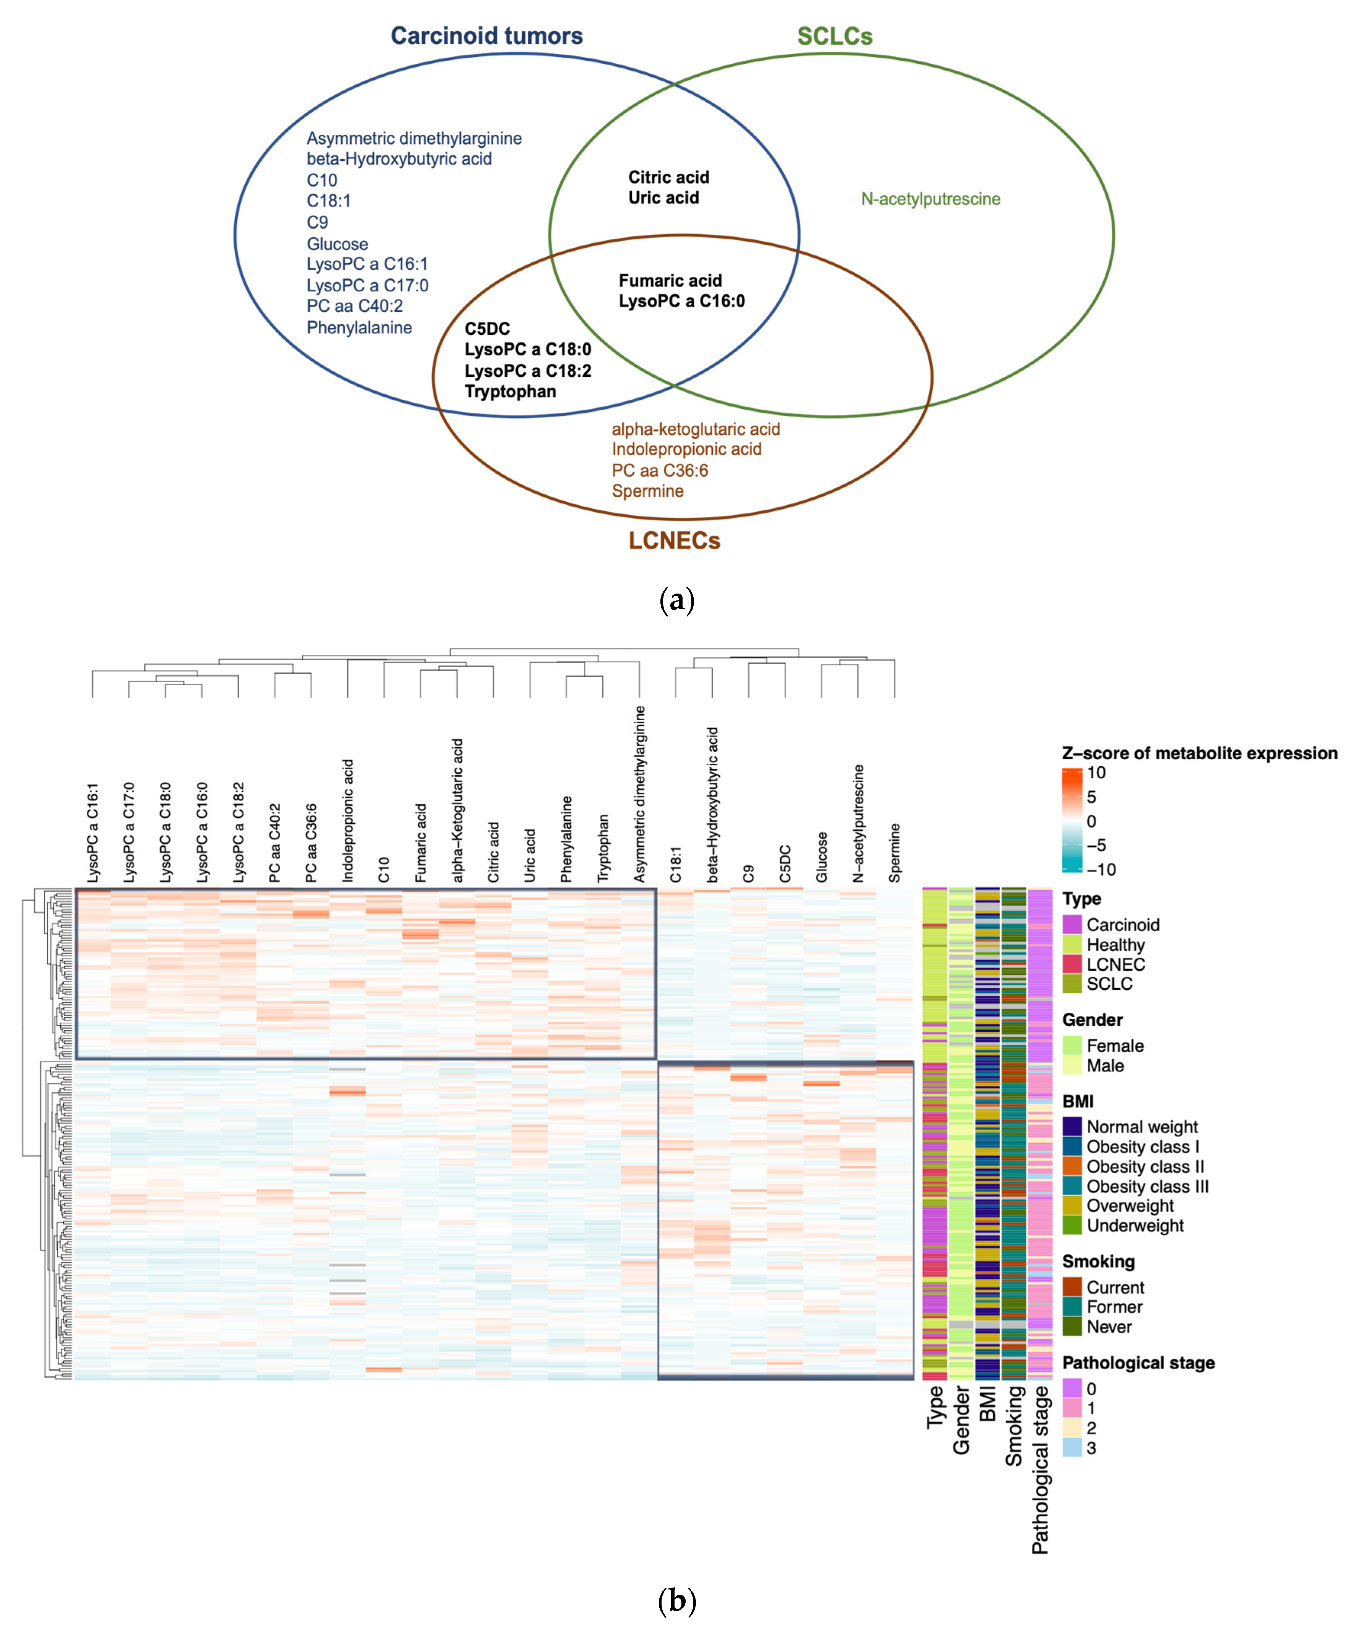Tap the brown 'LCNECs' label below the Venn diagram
click(x=674, y=540)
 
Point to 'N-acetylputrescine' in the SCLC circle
click(x=930, y=199)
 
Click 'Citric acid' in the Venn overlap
click(x=668, y=177)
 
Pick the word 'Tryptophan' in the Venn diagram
click(x=510, y=392)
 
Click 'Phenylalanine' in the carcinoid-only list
click(x=359, y=327)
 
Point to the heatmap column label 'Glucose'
click(x=822, y=857)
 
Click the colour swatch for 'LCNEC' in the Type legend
click(x=1072, y=964)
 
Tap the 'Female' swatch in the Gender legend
click(x=1072, y=1046)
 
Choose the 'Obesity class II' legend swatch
click(x=1072, y=1166)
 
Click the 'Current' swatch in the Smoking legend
click(x=1072, y=1287)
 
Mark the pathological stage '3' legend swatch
click(x=1072, y=1448)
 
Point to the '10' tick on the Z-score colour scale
click(x=1096, y=772)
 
